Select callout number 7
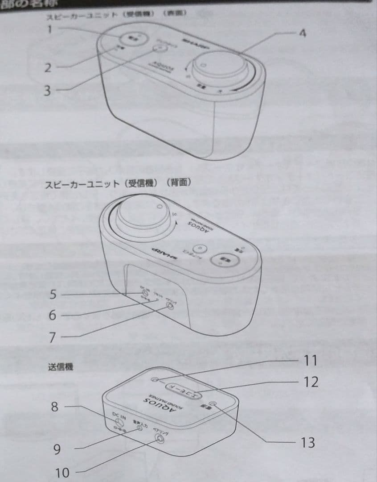(x=52, y=337)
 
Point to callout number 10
(x=62, y=472)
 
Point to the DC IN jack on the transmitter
(x=119, y=421)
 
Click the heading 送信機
(x=60, y=367)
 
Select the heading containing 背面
(x=118, y=184)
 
